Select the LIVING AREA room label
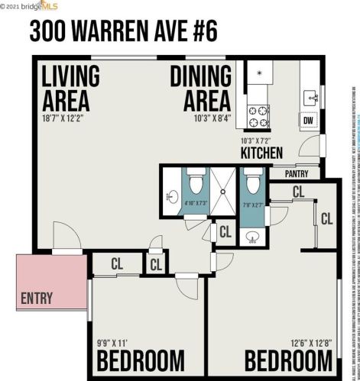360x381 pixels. (70, 89)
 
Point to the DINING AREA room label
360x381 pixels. (200, 89)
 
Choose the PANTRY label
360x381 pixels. (295, 173)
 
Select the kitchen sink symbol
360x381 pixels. (312, 98)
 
